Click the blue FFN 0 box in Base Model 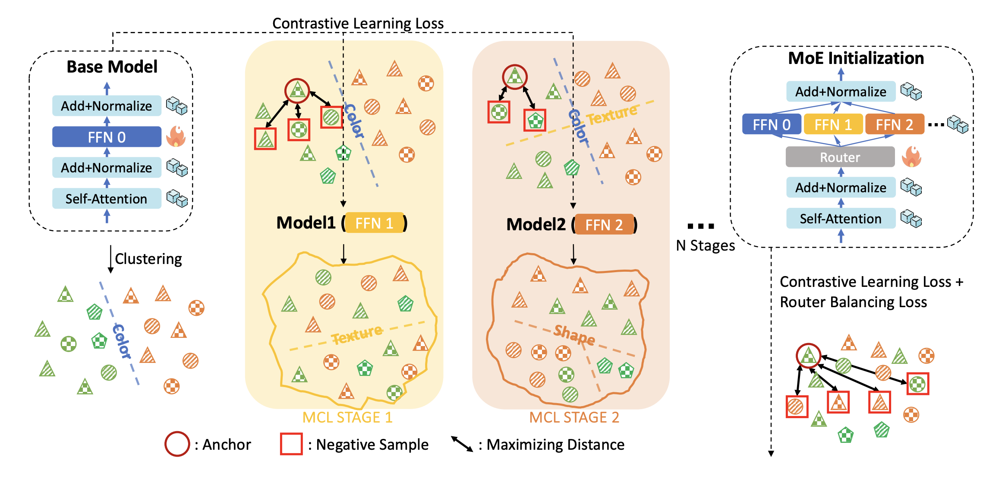pos(107,137)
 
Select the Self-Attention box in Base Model pos(107,199)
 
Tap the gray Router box pos(840,157)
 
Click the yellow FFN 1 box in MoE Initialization pos(833,124)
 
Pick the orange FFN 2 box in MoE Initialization pos(894,124)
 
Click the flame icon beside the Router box pos(911,156)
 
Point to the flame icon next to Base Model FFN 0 pos(176,137)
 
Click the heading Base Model pos(112,67)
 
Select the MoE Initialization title pos(856,58)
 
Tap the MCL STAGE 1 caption pos(347,417)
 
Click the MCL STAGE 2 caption pos(574,417)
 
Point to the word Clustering pos(148,259)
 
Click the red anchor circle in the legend pos(177,444)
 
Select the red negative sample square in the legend pos(291,444)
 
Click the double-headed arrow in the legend pos(462,444)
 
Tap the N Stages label pos(705,245)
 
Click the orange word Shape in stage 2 pos(574,334)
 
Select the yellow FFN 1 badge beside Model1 pos(374,223)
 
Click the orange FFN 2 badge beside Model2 pos(604,225)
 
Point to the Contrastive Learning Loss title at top pos(358,23)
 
